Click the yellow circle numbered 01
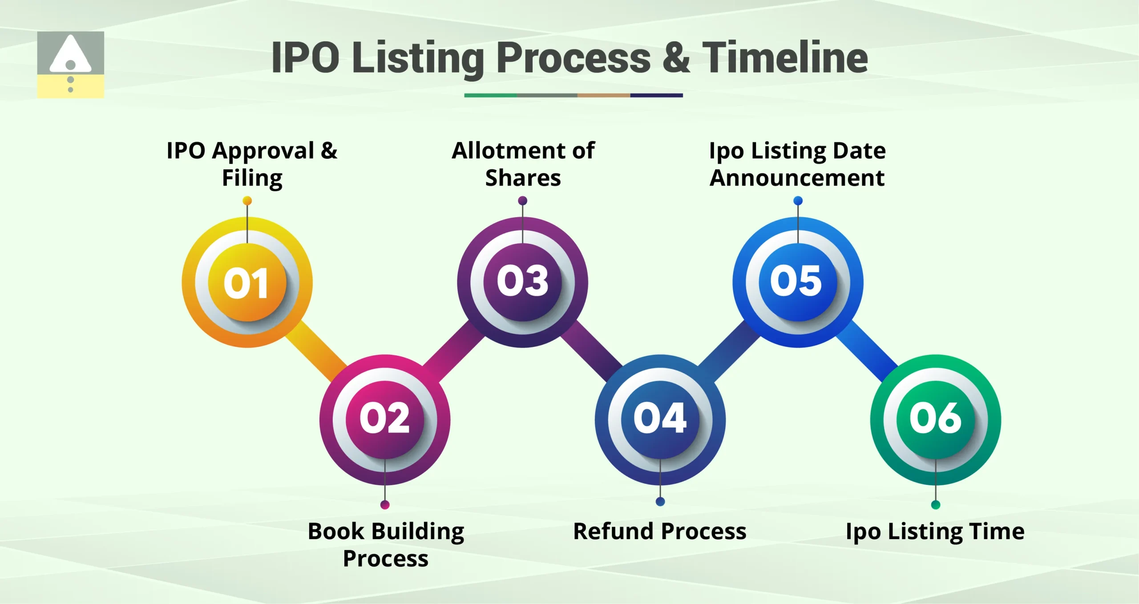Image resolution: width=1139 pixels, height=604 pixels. point(247,282)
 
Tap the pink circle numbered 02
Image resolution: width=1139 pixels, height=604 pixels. point(385,419)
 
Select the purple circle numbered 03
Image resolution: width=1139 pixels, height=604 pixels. point(522,282)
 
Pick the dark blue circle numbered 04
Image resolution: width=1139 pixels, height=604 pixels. point(660,419)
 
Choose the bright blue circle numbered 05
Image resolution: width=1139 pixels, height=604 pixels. point(798,282)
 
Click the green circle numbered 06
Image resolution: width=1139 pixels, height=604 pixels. point(935,419)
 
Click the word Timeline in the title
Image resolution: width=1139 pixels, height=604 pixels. point(785,58)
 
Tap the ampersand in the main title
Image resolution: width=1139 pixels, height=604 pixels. point(676,58)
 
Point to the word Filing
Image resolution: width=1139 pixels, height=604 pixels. point(252,178)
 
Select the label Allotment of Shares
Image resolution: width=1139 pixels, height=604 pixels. point(523,164)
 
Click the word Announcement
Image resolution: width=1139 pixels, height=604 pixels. point(797,178)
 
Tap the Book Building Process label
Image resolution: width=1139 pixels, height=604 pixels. point(386,544)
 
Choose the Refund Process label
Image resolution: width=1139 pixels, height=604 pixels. point(660,531)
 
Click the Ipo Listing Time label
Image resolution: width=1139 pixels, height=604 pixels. point(935,532)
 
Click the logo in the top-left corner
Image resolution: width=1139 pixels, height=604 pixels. point(70,64)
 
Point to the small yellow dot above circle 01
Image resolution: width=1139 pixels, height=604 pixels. point(247,201)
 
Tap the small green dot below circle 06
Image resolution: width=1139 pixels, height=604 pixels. point(936,505)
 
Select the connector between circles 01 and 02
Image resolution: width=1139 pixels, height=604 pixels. point(316,351)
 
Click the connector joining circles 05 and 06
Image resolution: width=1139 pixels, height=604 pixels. point(867,351)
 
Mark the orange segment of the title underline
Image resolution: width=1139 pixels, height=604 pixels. point(603,95)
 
